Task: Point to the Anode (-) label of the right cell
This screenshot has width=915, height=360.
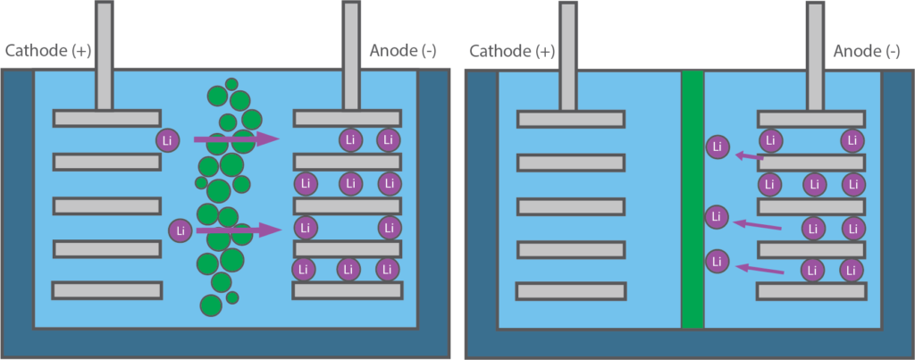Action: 867,51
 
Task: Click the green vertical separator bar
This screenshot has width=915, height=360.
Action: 693,199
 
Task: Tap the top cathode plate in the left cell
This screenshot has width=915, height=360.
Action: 107,118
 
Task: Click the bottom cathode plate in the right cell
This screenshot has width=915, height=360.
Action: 571,290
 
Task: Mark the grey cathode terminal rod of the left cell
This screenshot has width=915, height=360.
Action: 105,54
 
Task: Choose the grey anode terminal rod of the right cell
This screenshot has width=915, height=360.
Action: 815,54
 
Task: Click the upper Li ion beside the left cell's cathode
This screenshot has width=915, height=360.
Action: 167,140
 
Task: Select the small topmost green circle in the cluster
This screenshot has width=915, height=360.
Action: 231,84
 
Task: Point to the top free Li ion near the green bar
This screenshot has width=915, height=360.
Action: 717,148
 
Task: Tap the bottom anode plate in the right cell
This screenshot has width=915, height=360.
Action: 810,290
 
